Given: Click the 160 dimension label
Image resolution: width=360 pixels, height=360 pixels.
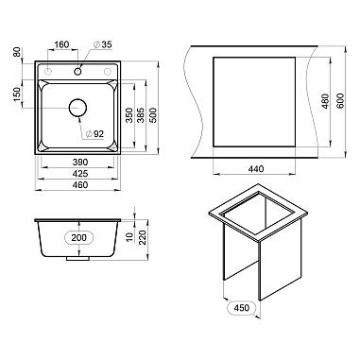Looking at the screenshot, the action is coord(61,44).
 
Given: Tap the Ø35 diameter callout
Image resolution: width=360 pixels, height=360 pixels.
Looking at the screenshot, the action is coord(102,44).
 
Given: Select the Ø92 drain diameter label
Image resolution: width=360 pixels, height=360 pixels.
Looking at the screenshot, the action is coord(94,134).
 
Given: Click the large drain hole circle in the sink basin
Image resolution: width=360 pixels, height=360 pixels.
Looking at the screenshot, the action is coord(77,108).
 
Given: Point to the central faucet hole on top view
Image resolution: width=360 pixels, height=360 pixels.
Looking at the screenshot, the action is coord(77,72).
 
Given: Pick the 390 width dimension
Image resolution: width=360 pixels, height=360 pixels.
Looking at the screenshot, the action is coord(80,163).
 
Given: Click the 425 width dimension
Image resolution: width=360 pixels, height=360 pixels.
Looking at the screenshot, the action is coord(80,174).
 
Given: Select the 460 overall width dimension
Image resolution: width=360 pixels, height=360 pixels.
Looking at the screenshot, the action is coord(80,185).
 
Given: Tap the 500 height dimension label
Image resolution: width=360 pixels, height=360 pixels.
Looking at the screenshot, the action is coord(153,114).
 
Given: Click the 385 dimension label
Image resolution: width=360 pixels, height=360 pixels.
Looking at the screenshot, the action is coord(141,114).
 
